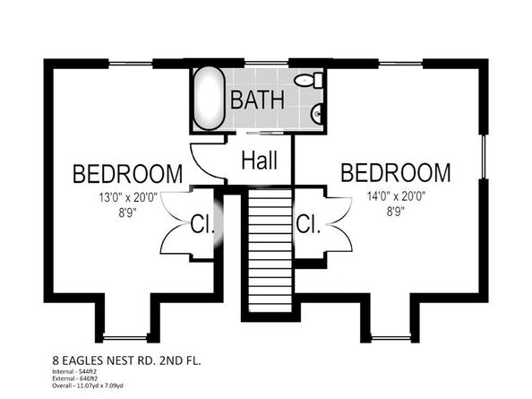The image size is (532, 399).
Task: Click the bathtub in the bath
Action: click(x=209, y=98)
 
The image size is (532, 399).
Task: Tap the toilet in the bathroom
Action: click(x=309, y=80)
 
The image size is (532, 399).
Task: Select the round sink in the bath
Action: click(x=317, y=113)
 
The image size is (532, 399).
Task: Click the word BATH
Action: click(x=257, y=100)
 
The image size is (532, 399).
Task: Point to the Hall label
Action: click(x=260, y=160)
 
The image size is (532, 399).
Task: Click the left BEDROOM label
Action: click(x=127, y=174)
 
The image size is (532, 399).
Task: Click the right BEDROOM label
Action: click(x=396, y=172)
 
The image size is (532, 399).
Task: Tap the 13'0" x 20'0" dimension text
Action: click(x=128, y=197)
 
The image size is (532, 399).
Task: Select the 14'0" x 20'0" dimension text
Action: click(x=396, y=196)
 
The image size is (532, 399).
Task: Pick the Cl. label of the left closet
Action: click(x=202, y=224)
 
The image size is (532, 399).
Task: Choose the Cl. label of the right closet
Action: click(x=308, y=224)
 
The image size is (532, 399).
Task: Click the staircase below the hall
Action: click(x=270, y=250)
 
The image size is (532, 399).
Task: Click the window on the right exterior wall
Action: click(x=484, y=157)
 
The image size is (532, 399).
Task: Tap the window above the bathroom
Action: click(x=266, y=63)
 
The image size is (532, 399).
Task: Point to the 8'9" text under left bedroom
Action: click(x=127, y=213)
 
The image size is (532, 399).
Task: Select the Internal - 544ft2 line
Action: click(x=74, y=371)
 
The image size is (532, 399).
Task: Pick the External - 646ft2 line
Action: click(x=75, y=378)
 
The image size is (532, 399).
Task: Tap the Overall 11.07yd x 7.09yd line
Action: click(x=88, y=386)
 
